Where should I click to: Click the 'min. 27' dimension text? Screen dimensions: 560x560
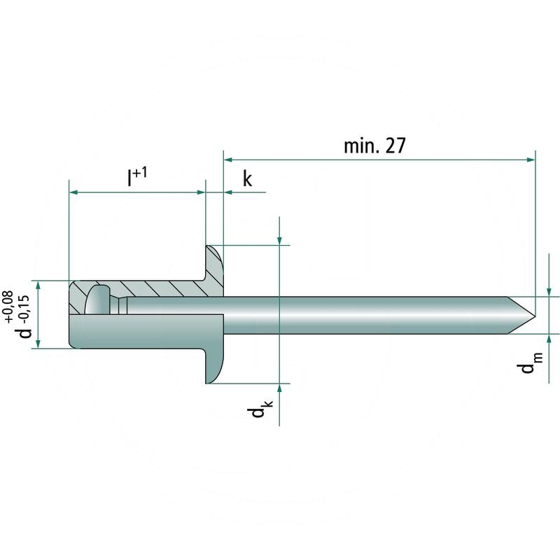(x=374, y=146)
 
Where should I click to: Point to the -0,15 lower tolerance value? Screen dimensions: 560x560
(x=24, y=307)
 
